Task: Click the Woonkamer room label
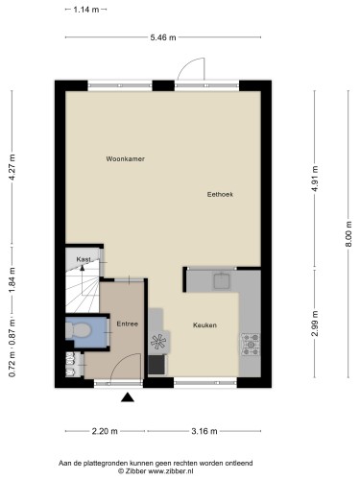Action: pos(126,158)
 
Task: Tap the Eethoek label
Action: pos(220,194)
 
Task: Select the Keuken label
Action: pos(204,325)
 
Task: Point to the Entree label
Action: pos(128,324)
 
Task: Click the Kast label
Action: pos(84,259)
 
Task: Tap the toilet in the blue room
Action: pos(78,330)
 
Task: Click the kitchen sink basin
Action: pos(222,281)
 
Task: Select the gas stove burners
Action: pos(251,345)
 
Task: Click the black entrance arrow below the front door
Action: pos(128,396)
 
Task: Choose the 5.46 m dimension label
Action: pos(163,37)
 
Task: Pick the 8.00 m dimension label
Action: pos(348,234)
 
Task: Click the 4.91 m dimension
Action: pos(315,179)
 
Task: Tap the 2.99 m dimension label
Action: pos(315,324)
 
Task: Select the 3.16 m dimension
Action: pos(204,431)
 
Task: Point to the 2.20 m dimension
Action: pos(105,431)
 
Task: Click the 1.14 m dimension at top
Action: pos(86,10)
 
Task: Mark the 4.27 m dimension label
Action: pos(12,167)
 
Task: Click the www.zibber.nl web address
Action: pos(171,471)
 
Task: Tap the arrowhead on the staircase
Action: pos(83,268)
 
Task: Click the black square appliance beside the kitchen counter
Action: pos(156,365)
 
